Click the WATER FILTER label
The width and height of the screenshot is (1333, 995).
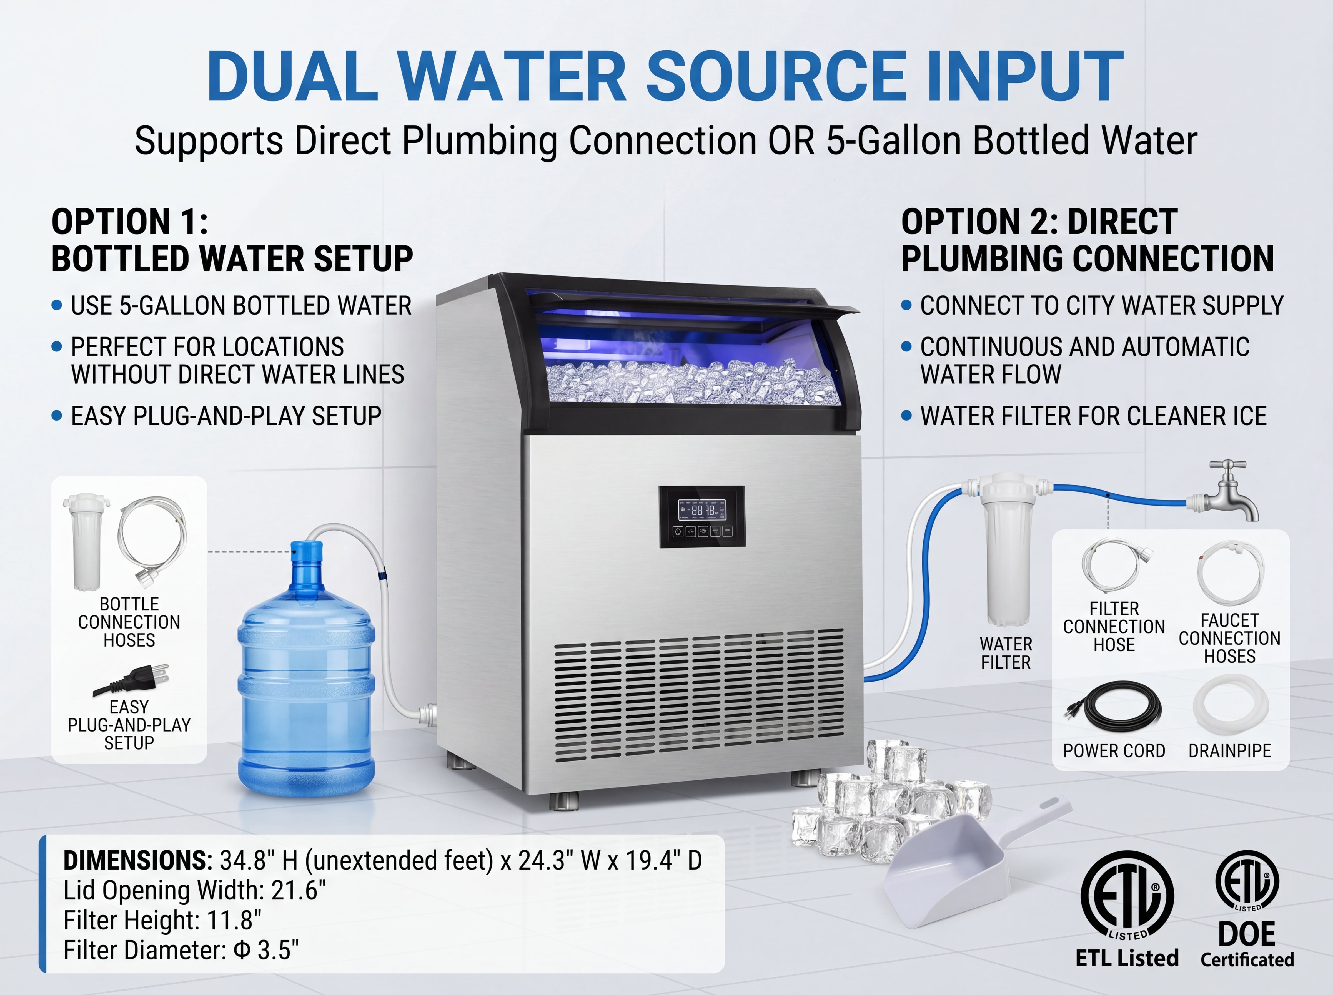(x=1006, y=653)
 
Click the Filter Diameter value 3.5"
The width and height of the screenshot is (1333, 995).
(x=278, y=950)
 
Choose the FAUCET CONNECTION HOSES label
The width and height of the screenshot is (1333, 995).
(x=1229, y=639)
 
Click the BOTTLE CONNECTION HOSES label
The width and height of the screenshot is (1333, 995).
(x=129, y=622)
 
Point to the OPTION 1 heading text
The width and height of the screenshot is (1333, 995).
(x=232, y=240)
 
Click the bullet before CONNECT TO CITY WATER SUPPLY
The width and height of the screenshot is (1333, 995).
(x=906, y=305)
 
